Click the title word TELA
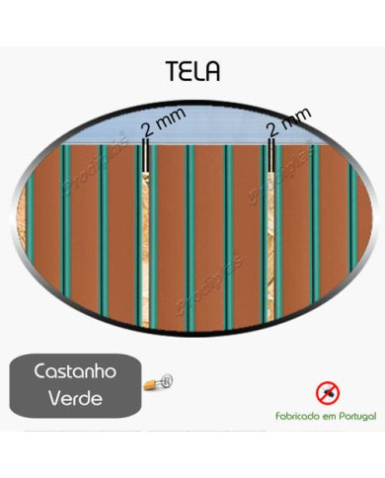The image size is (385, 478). point(193,72)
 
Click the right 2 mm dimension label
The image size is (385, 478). point(288,123)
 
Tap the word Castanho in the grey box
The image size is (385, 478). point(76,375)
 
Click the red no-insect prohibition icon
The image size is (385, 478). point(327,393)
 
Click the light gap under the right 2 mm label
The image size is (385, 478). point(270,237)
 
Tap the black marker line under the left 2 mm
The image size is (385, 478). point(146,157)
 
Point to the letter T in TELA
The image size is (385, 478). point(171,72)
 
